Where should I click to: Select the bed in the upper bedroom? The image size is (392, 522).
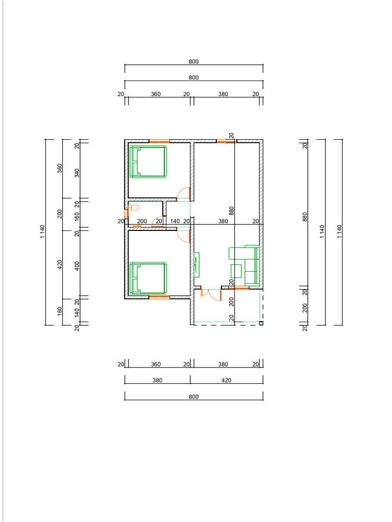point(148,162)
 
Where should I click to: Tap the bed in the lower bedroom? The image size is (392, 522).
point(148,278)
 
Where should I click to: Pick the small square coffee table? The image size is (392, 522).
point(236,271)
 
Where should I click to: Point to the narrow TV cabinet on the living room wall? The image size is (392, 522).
point(197,265)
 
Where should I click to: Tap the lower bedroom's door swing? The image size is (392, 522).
point(183,235)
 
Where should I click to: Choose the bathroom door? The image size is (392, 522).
point(158,222)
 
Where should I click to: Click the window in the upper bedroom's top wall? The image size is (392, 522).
point(159,142)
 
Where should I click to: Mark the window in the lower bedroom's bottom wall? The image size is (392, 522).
point(159,297)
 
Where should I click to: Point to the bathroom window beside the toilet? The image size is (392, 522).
point(127,213)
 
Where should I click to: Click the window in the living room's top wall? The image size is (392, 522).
point(227,142)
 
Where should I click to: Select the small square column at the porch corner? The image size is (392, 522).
point(261,323)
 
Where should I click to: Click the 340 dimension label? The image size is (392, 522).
point(77,173)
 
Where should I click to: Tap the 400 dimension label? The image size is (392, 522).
point(77,266)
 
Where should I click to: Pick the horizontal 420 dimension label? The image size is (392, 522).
point(226,380)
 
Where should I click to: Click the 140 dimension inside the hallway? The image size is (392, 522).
point(175,221)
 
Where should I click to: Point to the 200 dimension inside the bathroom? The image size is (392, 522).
point(142,221)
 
